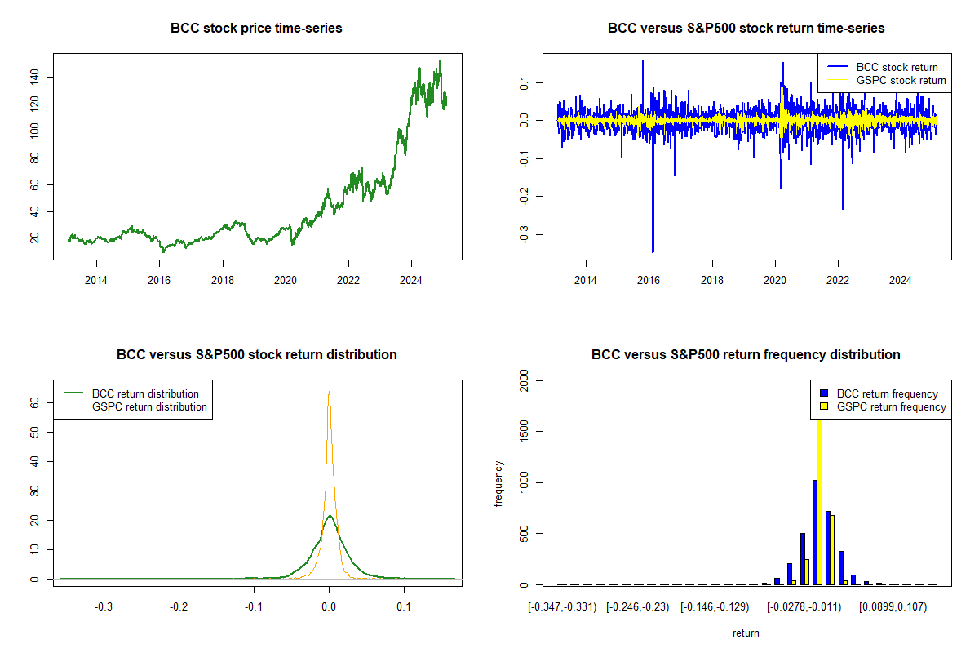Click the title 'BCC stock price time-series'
tap(256, 28)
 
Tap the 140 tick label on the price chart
tap(34, 77)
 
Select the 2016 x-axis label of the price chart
tap(159, 280)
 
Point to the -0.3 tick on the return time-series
tap(524, 234)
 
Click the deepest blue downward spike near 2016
tap(653, 252)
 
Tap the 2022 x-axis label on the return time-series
tap(838, 280)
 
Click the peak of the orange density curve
tap(329, 392)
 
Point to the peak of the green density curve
tap(330, 516)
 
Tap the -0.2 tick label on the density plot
tap(179, 606)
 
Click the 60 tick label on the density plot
tap(34, 403)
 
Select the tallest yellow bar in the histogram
tap(819, 502)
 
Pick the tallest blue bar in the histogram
tap(815, 532)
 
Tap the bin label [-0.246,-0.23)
tap(638, 607)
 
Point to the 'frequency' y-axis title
tap(498, 484)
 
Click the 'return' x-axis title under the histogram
tap(746, 633)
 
